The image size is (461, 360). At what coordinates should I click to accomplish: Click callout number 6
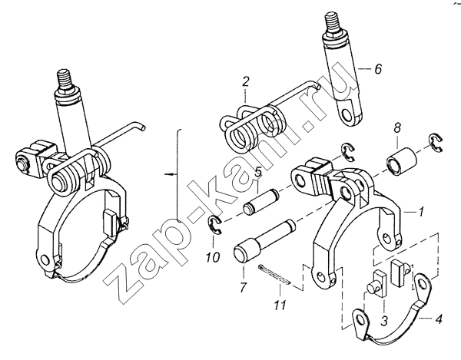[378, 69]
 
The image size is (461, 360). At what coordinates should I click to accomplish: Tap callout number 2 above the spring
[246, 81]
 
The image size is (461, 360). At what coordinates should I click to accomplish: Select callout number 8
[397, 129]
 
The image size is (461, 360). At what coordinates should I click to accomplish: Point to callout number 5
[258, 172]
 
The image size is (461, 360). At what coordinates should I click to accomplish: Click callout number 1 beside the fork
[421, 211]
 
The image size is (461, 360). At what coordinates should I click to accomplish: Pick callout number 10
[212, 257]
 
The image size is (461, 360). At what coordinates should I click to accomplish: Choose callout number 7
[242, 287]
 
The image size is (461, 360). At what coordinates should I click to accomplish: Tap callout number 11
[280, 306]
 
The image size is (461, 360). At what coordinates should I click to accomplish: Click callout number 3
[385, 321]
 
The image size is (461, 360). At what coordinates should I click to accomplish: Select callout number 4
[438, 319]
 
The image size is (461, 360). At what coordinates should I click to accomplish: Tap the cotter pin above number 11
[274, 275]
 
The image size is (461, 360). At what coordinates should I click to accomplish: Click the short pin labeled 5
[260, 202]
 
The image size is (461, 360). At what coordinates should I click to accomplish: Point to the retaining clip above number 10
[215, 225]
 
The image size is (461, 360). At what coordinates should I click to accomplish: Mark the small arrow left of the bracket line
[171, 174]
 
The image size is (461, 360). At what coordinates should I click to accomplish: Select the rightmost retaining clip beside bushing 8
[436, 143]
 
